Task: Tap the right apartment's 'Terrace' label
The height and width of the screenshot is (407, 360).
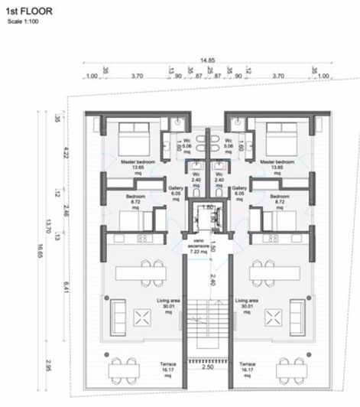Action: [x=246, y=368]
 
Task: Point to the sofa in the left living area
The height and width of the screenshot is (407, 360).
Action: [x=119, y=314]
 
